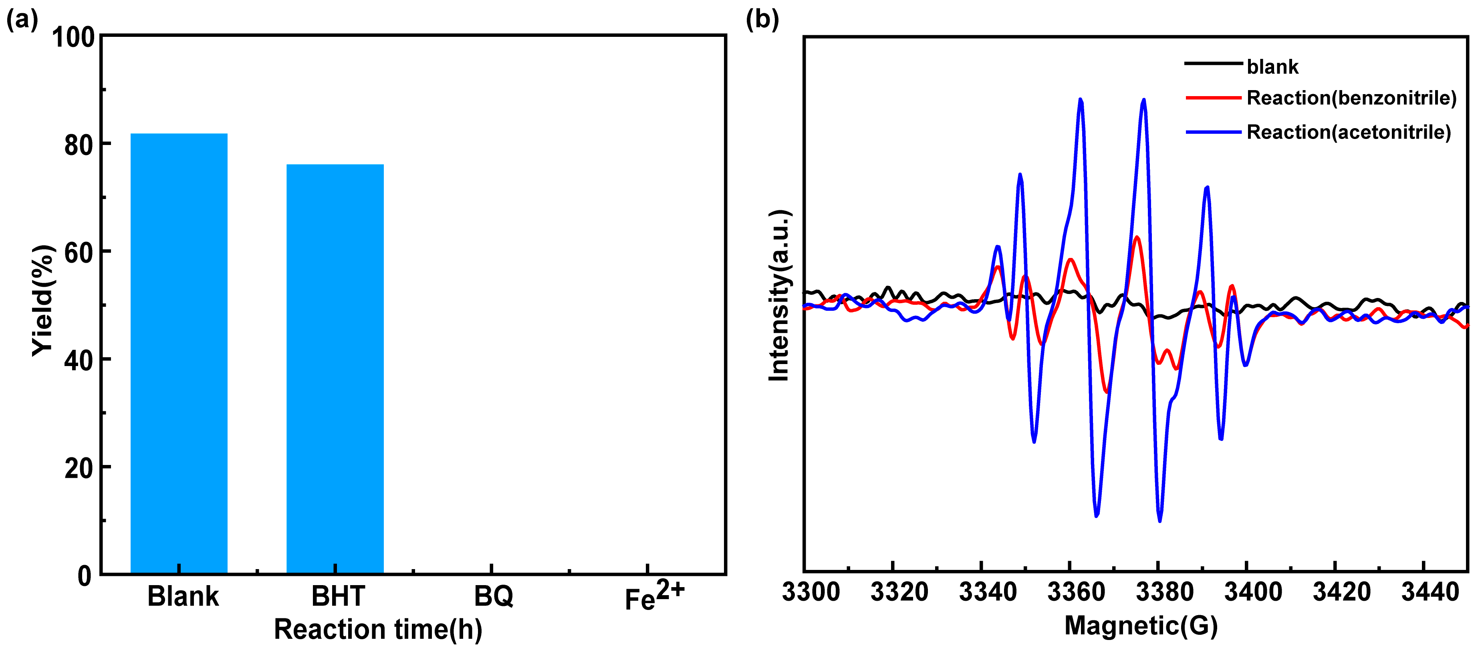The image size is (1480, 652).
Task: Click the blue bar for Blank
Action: coord(179,353)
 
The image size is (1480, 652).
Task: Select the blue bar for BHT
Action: coord(335,369)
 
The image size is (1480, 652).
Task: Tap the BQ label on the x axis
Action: coord(493,596)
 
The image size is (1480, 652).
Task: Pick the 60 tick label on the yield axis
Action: coord(79,253)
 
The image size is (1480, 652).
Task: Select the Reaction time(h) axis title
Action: coord(377,630)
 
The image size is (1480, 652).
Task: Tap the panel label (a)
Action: coord(22,20)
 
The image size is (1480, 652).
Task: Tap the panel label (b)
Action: coord(762,20)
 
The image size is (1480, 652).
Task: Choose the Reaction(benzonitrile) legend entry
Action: coord(1351,98)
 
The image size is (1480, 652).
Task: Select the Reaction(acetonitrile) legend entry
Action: coord(1349,133)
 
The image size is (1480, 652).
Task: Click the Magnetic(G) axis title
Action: coord(1141,626)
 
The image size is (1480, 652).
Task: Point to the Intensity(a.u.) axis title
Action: coord(779,295)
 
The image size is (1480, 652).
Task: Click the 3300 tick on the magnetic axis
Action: coord(811,592)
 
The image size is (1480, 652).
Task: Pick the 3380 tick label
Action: coord(1165,592)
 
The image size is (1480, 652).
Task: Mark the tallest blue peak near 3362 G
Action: coord(1081,100)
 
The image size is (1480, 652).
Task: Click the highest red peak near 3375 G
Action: coord(1136,237)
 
